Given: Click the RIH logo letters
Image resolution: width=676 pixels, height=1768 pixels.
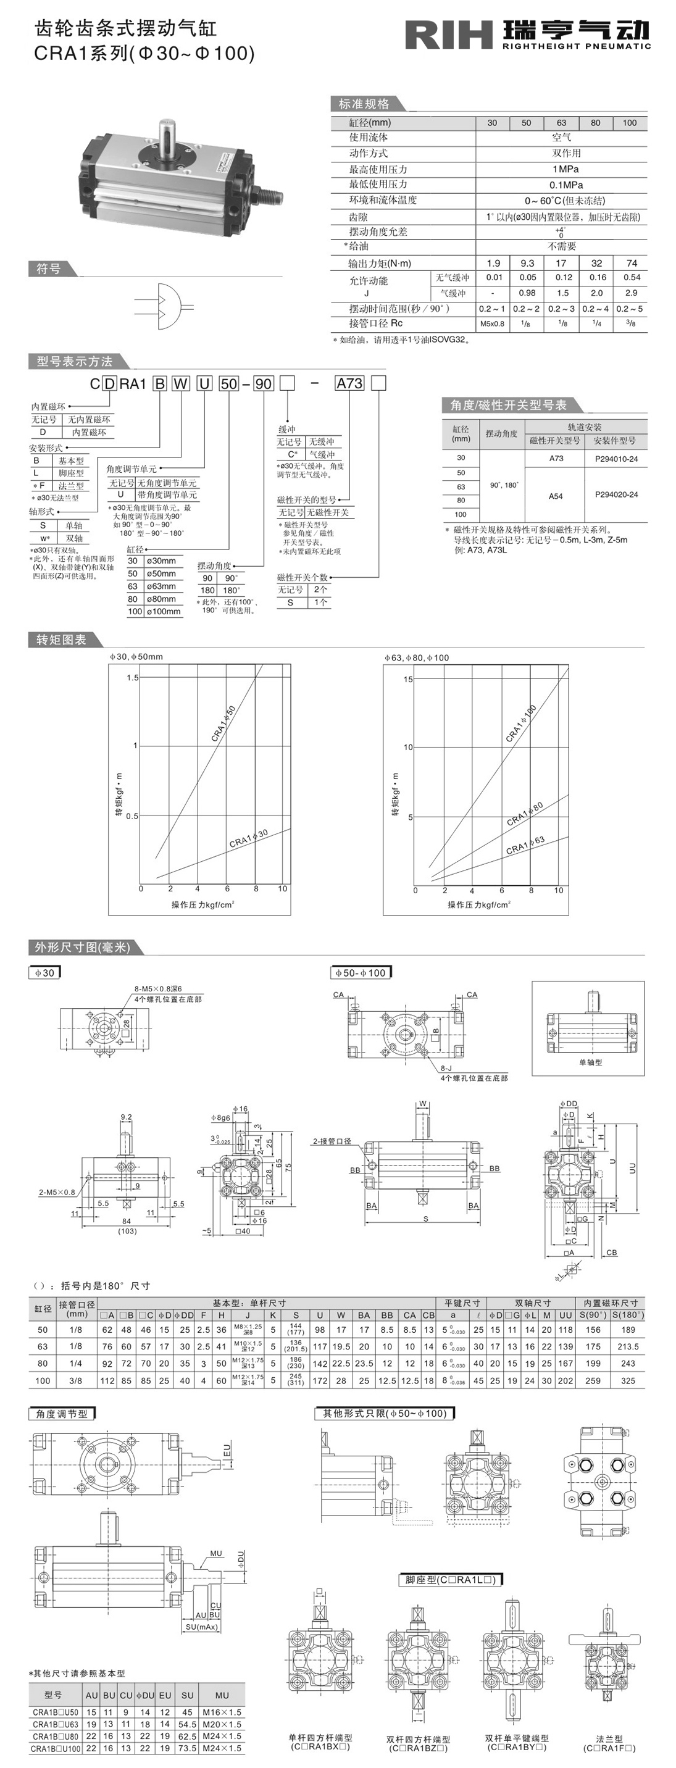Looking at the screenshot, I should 448,35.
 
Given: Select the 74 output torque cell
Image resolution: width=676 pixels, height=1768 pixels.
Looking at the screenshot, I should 632,263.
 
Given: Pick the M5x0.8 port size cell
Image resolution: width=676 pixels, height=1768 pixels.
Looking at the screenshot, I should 491,324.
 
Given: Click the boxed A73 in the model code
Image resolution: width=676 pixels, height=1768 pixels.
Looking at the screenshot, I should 349,383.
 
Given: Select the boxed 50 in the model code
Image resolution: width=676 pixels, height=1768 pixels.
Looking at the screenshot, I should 228,383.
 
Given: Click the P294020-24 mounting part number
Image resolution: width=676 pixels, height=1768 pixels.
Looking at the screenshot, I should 615,494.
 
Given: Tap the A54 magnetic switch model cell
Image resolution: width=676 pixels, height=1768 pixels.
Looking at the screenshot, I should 555,496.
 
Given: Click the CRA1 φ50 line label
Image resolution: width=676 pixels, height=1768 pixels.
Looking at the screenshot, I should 223,723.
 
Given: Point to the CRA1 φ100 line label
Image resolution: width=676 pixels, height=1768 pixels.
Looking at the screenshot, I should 521,723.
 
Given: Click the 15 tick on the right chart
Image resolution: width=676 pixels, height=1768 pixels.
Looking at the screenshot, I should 408,680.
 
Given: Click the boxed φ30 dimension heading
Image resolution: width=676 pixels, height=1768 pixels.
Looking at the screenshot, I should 44,972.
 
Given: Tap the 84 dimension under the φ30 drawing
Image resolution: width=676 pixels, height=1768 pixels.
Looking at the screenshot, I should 127,1221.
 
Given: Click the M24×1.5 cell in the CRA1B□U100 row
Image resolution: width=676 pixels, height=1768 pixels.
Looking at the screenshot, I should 222,1748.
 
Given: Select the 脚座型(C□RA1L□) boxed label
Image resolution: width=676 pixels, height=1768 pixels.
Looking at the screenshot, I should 450,1579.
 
